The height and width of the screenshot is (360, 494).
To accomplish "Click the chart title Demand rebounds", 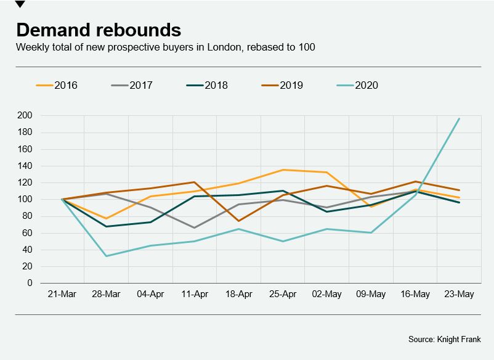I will click(x=99, y=30).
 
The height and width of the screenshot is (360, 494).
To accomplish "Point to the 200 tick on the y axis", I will click(x=25, y=115).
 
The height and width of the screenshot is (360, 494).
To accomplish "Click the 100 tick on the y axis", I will click(x=25, y=199).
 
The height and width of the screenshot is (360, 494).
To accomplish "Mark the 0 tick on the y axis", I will click(x=29, y=283).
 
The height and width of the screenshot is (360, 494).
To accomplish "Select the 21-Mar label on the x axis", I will click(x=62, y=294).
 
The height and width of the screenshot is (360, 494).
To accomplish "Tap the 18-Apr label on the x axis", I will click(x=239, y=294).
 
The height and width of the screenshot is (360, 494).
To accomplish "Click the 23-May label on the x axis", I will click(x=460, y=294).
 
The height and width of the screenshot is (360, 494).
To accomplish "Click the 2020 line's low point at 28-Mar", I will click(x=106, y=256).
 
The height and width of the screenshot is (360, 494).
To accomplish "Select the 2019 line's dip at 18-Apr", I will click(x=239, y=221).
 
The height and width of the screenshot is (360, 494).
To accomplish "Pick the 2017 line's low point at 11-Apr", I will click(x=195, y=227).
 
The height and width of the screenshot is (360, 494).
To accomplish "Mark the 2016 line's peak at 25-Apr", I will click(x=283, y=170).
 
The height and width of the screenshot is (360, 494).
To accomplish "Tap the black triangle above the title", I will click(x=20, y=4).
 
